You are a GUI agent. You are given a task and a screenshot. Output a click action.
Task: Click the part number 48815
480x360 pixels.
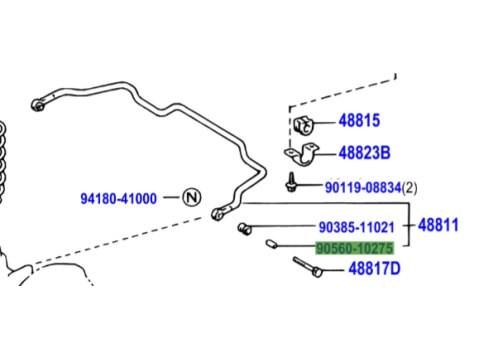tap(359, 120)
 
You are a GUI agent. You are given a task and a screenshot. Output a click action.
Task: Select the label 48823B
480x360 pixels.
tap(364, 153)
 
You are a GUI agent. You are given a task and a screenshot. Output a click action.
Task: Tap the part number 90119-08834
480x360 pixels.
tap(363, 188)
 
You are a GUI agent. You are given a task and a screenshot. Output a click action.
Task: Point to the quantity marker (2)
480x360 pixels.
tap(410, 188)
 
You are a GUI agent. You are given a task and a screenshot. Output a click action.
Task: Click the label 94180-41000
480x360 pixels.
tap(118, 199)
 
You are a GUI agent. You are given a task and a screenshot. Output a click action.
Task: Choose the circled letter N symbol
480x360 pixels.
tap(192, 197)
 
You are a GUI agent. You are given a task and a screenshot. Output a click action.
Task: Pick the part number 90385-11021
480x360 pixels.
tap(356, 227)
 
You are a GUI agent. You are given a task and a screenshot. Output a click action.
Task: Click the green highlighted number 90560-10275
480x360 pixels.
tap(355, 248)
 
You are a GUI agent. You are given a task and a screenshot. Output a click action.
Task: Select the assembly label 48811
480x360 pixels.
tap(438, 225)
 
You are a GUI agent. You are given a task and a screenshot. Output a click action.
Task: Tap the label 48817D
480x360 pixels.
tap(374, 268)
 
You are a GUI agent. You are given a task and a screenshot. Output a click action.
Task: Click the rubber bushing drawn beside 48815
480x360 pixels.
tap(304, 125)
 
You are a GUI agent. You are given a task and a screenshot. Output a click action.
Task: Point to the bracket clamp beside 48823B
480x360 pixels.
tap(302, 154)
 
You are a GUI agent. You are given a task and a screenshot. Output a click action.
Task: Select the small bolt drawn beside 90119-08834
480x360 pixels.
tap(291, 182)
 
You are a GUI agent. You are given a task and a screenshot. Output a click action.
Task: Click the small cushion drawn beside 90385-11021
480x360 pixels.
tap(245, 229)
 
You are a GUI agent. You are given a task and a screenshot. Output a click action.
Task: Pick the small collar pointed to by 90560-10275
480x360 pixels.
tap(271, 244)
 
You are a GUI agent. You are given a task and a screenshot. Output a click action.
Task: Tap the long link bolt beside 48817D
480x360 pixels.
tap(307, 266)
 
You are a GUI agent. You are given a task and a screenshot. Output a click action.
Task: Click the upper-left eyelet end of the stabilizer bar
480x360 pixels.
tap(38, 105)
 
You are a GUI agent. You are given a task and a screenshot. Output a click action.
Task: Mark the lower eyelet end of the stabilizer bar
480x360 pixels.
tap(218, 213)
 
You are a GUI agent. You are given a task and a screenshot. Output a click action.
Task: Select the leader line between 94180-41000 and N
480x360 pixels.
tap(171, 197)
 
